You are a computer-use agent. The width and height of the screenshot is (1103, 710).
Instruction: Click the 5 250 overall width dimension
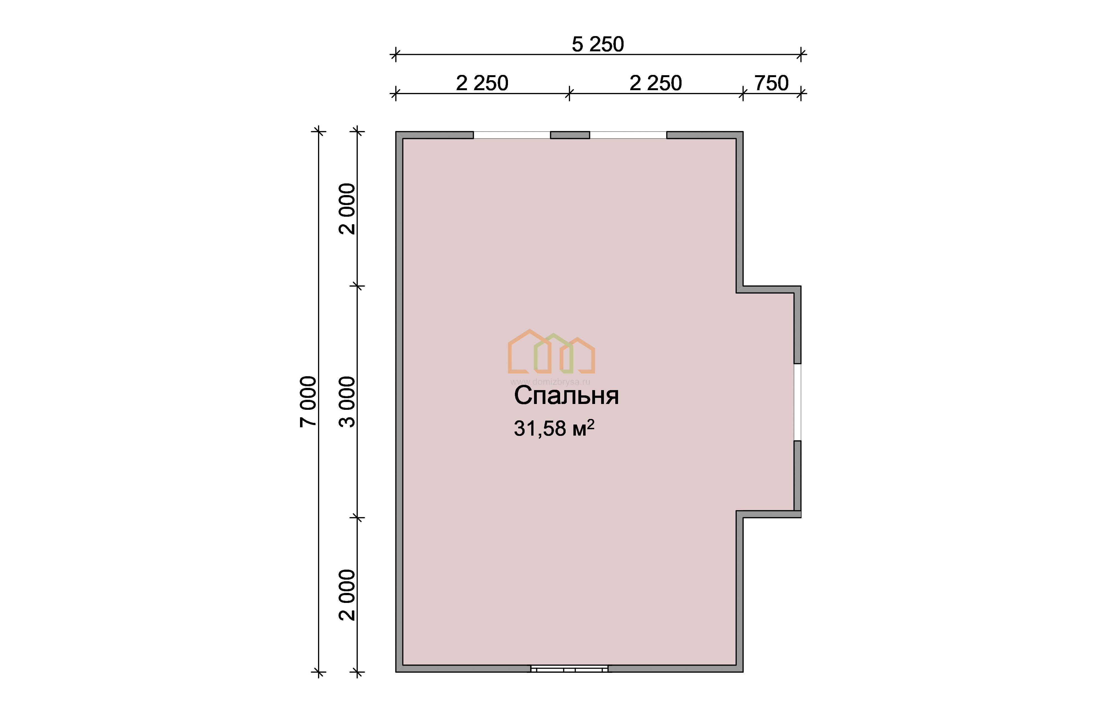598,45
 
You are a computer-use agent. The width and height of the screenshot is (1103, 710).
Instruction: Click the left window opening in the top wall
512,135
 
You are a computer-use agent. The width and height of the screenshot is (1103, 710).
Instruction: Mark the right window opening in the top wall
628,135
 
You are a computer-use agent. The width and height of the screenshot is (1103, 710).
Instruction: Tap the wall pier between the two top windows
570,135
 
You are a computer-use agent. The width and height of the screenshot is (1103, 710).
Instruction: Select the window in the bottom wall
570,668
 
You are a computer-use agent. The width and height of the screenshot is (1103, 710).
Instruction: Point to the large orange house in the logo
529,351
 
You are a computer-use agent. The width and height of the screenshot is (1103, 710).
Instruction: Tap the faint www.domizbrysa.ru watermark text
550,382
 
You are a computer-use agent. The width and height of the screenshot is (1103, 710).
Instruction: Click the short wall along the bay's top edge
769,290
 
